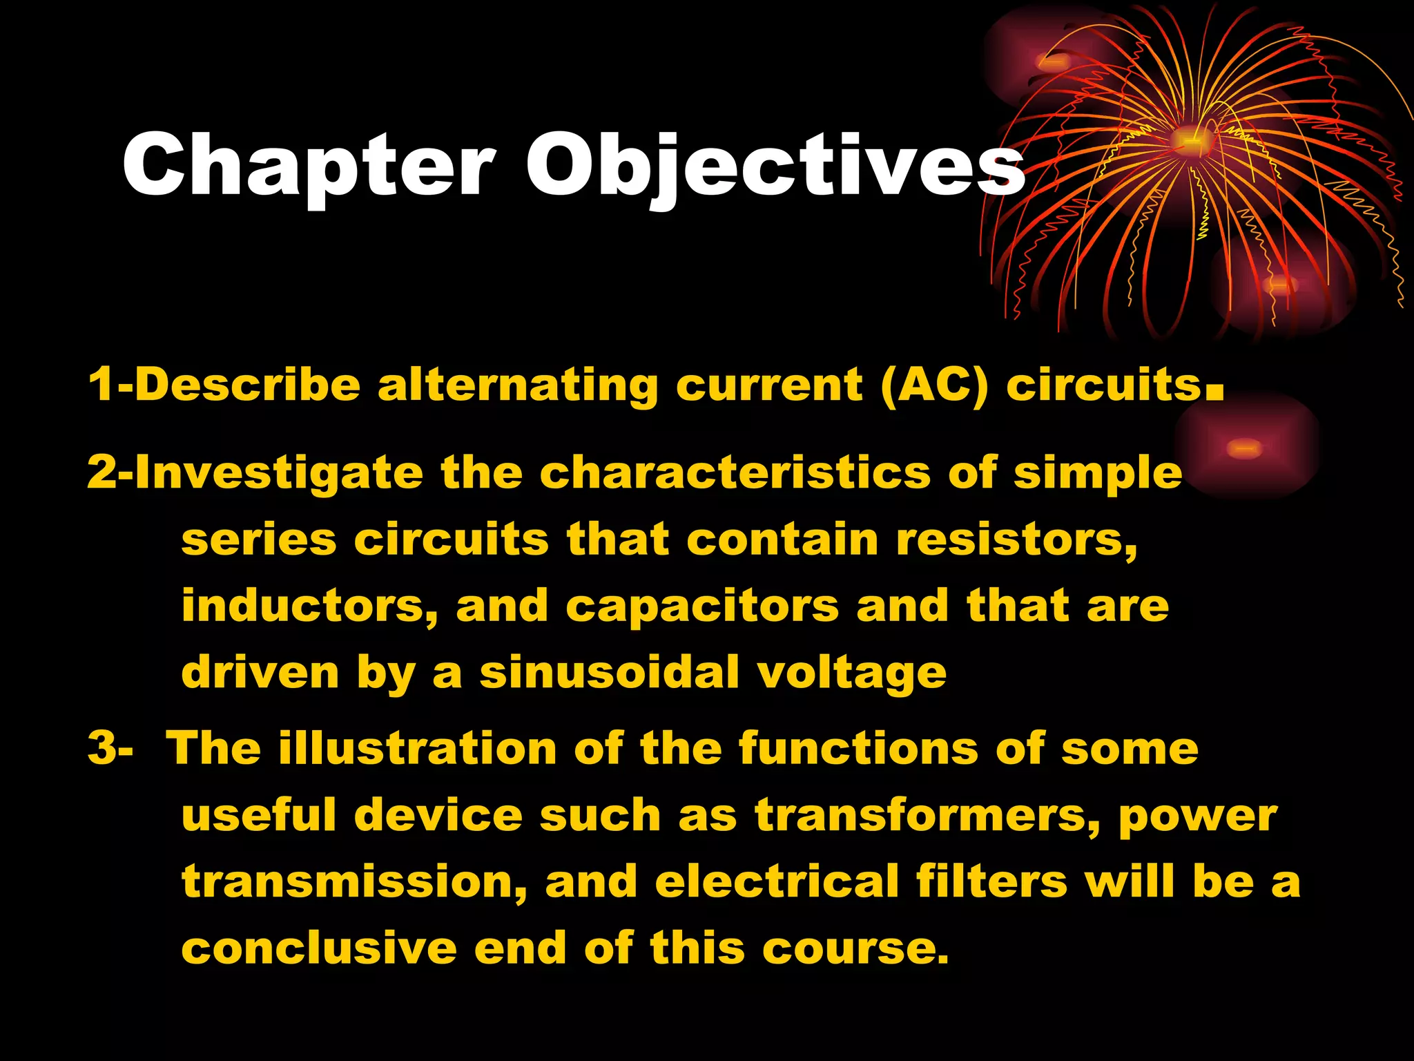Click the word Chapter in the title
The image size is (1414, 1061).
pos(308,166)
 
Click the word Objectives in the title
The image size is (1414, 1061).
pos(775,166)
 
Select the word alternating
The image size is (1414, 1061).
pos(518,385)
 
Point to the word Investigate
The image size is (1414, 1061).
pos(279,474)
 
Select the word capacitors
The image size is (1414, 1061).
pos(702,606)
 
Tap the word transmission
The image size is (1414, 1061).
pos(354,882)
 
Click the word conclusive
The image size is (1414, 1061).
pos(318,948)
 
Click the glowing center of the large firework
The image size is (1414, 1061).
pos(1189,140)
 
